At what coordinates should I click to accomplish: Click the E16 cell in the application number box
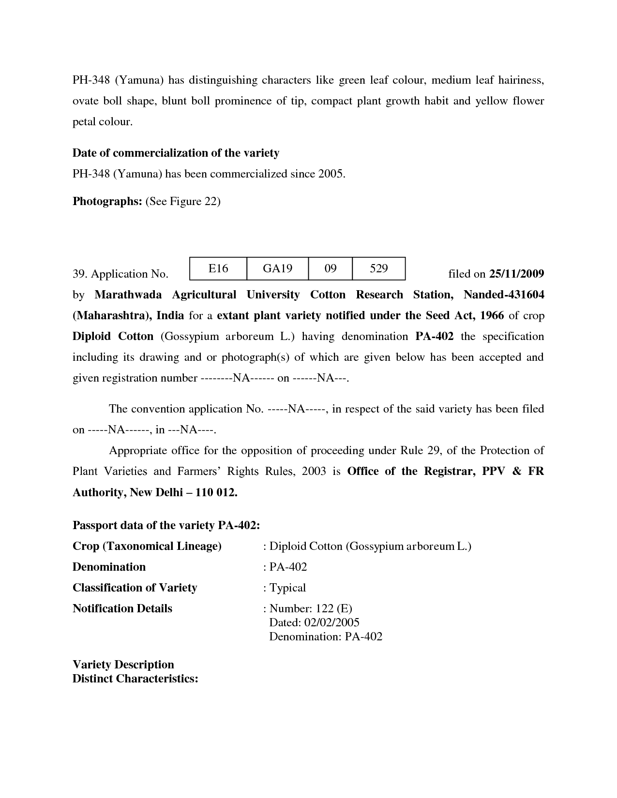pos(218,268)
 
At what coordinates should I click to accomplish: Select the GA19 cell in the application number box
pos(277,268)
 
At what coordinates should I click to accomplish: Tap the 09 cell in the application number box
pos(330,268)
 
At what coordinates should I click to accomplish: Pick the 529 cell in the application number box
pos(378,268)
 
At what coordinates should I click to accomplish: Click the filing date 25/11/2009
pos(516,274)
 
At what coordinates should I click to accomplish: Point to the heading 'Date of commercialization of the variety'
pos(176,153)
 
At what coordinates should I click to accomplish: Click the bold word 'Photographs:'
pos(107,202)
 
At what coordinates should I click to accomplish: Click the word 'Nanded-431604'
pos(504,295)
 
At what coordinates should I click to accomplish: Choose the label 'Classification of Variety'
pos(135,588)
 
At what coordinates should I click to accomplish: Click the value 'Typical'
pos(287,588)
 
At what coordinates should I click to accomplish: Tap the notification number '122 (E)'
pos(334,608)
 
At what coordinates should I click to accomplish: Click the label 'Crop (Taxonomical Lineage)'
pos(147,547)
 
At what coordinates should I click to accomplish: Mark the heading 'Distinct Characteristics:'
pos(135,679)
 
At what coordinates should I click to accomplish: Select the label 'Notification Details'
pos(122,608)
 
